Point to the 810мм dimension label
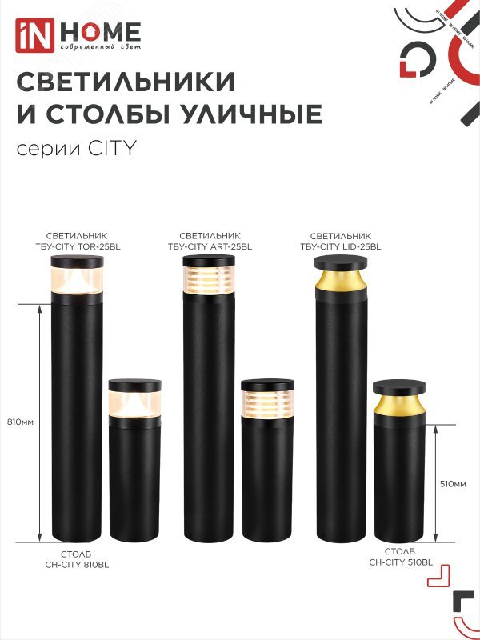coord(19,422)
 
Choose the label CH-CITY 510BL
coord(400,562)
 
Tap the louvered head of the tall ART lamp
coord(210,280)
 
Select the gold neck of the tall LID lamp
coord(341,281)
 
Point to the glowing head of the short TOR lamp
coord(134,403)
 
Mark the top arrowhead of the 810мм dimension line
coord(40,307)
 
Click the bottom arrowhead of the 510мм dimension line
coord(435,539)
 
